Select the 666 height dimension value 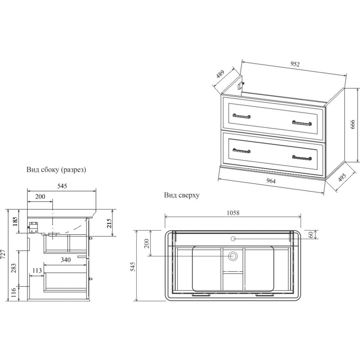[x=353, y=124]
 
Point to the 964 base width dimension [x=271, y=181]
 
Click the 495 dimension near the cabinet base [x=342, y=177]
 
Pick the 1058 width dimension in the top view [x=233, y=213]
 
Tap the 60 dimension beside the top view [x=311, y=235]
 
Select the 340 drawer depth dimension [x=66, y=260]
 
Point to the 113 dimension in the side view [x=37, y=270]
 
